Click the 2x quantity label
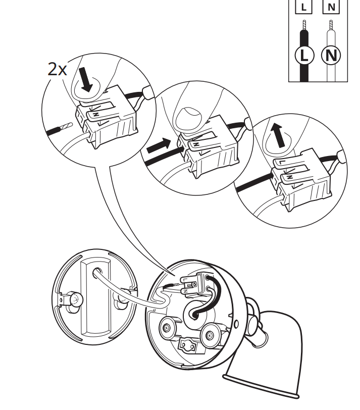57,69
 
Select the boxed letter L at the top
303,7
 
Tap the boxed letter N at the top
331,7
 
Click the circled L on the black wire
304,56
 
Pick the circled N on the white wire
331,56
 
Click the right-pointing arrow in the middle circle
159,145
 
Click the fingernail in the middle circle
189,118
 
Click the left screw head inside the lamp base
167,328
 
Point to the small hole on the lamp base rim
236,324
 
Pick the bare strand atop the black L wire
304,25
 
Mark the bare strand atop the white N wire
331,25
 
